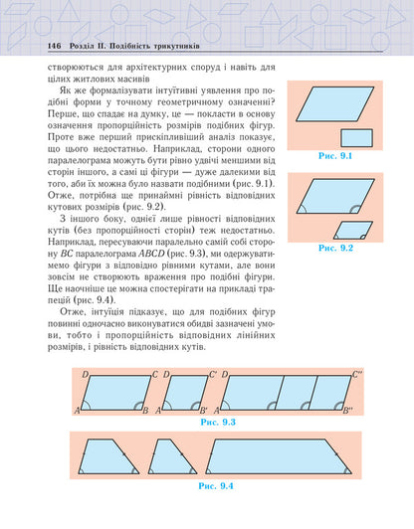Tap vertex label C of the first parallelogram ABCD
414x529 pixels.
155,375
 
